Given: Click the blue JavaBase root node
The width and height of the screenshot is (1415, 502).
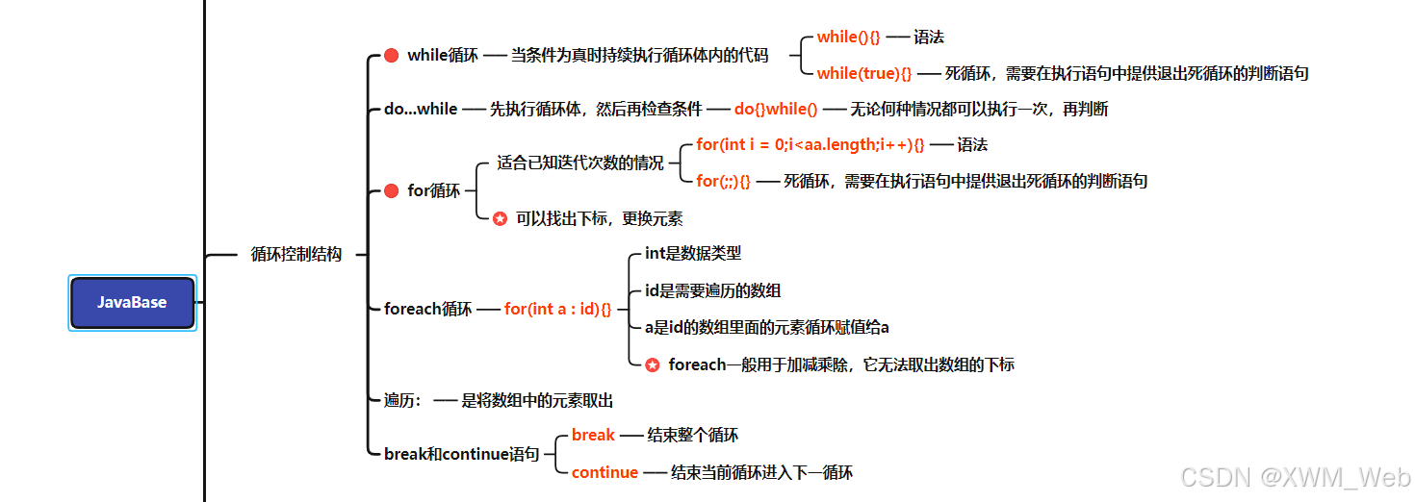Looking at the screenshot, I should (x=132, y=302).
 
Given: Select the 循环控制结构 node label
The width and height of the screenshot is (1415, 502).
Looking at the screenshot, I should (x=296, y=255).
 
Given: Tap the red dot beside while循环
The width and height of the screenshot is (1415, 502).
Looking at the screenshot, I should (x=391, y=56).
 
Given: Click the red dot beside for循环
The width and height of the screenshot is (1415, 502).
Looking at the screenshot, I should (x=391, y=191).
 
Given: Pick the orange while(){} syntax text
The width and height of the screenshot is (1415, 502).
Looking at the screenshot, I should (x=848, y=38).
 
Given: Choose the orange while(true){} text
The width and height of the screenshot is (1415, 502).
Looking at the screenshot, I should (x=863, y=73).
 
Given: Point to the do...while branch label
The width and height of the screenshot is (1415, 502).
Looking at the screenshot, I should (x=421, y=110).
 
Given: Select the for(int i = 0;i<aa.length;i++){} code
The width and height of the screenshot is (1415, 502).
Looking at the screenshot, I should (x=810, y=145).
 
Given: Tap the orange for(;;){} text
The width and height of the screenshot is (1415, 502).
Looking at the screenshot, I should (x=723, y=181).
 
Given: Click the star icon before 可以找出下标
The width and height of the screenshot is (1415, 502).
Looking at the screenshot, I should (x=500, y=219).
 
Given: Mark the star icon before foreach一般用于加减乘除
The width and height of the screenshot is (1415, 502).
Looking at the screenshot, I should (x=653, y=365).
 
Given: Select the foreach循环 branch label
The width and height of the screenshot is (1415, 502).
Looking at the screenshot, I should (x=427, y=310).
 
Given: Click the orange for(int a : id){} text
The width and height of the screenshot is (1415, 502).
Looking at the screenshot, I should (x=557, y=310).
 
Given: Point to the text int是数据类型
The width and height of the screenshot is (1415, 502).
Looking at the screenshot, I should (x=693, y=254).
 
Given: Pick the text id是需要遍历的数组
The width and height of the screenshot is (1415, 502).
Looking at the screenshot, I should (x=712, y=290).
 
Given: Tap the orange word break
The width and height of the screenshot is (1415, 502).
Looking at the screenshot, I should (x=593, y=436).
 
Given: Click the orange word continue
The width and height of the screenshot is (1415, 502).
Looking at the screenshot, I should (x=605, y=472).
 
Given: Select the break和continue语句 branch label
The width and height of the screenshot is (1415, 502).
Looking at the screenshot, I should (x=461, y=454).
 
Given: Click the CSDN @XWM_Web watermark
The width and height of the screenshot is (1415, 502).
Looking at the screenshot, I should (x=1295, y=478).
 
